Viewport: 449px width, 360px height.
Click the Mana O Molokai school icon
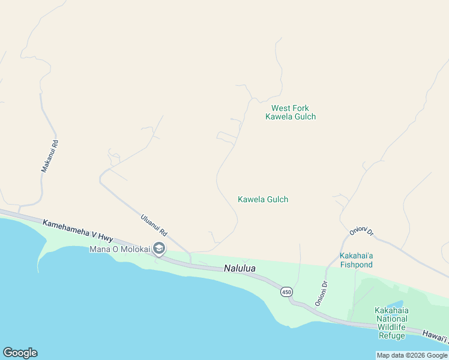coord(159,248)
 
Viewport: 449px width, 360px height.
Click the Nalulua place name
coord(240,269)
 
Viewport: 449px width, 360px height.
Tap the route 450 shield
coord(286,292)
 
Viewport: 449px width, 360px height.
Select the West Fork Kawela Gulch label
coord(291,112)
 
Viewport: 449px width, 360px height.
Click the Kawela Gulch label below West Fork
coord(263,199)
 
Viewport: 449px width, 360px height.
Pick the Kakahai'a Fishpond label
coord(357,260)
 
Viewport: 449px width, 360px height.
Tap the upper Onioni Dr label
coord(361,232)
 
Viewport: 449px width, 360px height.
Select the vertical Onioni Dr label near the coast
coord(320,293)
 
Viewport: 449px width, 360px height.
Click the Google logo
coord(20,353)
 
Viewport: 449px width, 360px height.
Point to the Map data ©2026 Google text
coord(412,355)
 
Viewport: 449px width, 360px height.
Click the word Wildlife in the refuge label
coord(391,328)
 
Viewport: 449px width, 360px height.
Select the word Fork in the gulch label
coord(298,108)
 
